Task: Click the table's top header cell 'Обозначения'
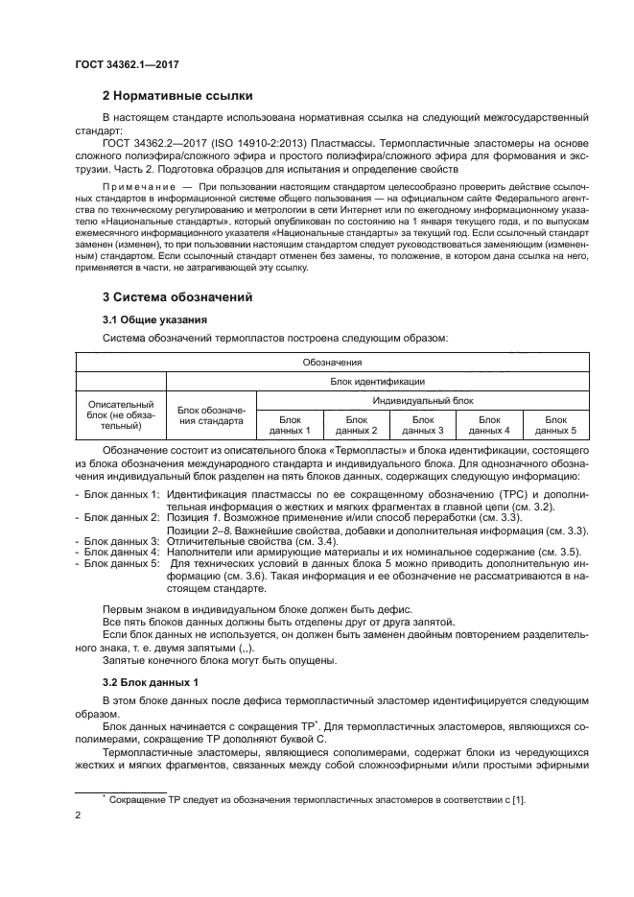tap(331, 363)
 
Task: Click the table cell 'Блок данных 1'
tap(290, 425)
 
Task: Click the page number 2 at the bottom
tap(79, 814)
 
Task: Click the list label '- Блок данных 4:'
tap(117, 552)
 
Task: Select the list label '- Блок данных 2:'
tap(117, 517)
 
